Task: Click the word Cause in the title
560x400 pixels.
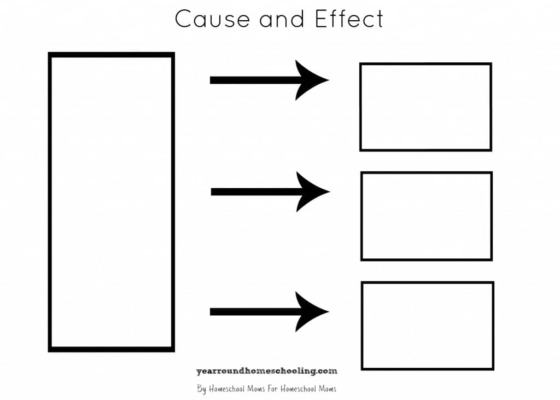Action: (212, 19)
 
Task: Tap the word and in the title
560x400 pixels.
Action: (282, 19)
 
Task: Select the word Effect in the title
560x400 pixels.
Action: (349, 19)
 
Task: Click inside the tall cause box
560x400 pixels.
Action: (112, 202)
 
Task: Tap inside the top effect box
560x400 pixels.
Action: (425, 107)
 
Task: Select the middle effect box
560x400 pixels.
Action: (426, 216)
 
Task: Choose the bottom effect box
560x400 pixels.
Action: (427, 326)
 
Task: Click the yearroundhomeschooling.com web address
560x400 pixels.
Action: (266, 371)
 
